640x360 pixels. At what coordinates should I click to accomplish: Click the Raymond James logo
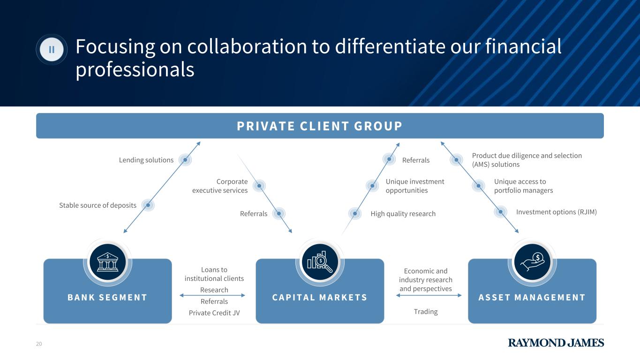[556, 343]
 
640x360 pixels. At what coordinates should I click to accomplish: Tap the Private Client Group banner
[319, 126]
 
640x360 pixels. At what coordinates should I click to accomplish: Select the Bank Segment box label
[107, 297]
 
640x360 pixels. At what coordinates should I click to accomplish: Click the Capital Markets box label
[320, 297]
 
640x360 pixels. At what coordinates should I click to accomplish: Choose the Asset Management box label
[532, 297]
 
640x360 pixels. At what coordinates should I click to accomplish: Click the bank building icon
[107, 262]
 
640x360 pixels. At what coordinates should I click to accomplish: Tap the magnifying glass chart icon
[320, 262]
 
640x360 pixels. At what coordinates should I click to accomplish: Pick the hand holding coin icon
[532, 262]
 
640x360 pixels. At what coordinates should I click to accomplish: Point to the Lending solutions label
[146, 160]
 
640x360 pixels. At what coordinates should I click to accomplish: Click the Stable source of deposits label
[98, 205]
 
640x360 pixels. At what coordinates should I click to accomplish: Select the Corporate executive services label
[220, 186]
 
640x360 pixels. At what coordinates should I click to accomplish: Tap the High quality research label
[403, 214]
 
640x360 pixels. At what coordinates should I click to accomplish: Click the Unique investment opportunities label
[414, 186]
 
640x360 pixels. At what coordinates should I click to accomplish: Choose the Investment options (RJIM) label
[556, 212]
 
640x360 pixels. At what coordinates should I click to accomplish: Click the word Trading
[426, 312]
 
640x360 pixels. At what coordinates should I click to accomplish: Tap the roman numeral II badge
[52, 49]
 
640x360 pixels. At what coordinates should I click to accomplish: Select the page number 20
[39, 344]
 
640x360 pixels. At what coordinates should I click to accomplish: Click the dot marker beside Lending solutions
[185, 160]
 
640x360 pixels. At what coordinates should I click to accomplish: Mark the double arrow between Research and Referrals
[212, 295]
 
